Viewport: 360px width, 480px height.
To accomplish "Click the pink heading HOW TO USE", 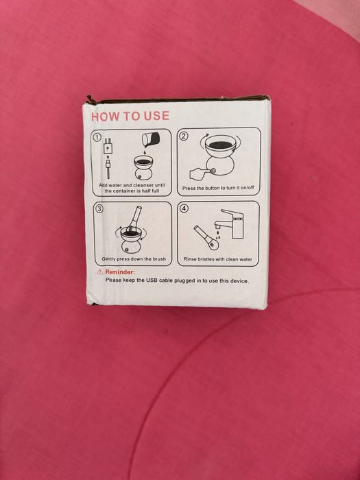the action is pos(130,116).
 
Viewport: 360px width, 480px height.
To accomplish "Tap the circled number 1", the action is pos(97,137).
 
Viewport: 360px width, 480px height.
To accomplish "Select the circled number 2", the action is pos(183,136).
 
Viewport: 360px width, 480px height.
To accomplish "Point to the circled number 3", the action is pos(99,209).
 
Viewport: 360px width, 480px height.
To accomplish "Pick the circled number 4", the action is pos(184,208).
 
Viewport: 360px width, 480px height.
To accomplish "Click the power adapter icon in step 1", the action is pos(108,147).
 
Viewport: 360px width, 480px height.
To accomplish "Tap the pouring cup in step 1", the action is pos(151,140).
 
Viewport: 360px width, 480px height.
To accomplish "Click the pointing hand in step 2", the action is pos(199,174).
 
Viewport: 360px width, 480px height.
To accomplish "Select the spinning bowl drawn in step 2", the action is pos(220,146).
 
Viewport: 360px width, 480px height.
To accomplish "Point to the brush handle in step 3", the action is pos(136,215).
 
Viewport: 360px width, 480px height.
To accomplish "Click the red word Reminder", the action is pos(120,272).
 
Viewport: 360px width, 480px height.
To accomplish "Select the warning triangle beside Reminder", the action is pos(100,272).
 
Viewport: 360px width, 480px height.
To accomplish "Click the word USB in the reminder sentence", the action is pos(152,280).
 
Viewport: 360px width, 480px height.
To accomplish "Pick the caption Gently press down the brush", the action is pos(134,259).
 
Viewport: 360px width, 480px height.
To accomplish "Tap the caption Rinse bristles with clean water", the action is pos(218,259).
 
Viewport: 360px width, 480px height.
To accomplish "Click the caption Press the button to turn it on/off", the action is pos(218,188).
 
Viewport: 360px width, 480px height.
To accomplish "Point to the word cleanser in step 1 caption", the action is pos(145,185).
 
